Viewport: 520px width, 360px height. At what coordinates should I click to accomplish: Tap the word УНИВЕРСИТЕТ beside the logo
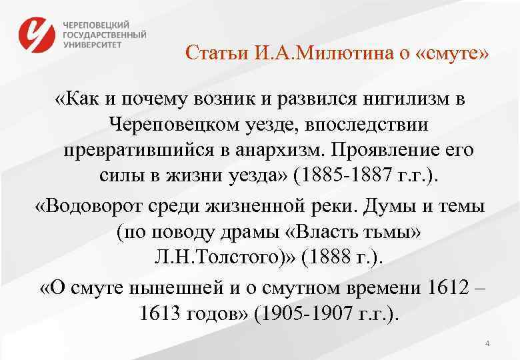pos(93,45)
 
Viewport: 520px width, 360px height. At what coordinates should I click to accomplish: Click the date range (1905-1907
pos(306,313)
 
